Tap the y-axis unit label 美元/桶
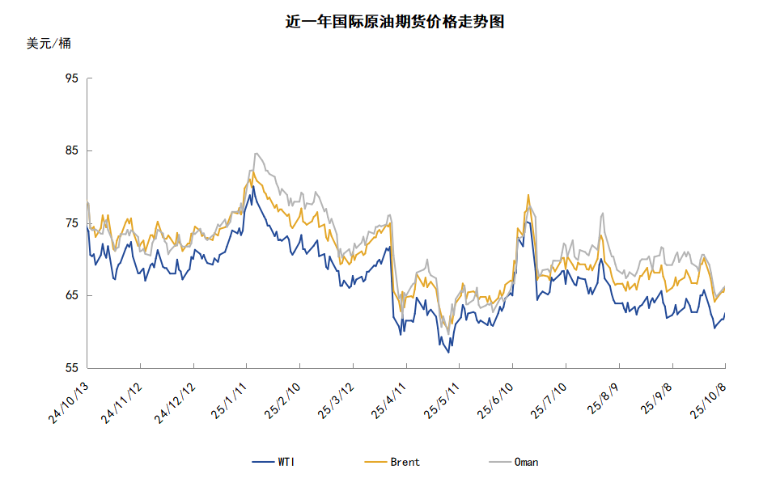(x=49, y=44)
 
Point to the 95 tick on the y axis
(x=71, y=78)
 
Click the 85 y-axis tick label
(x=71, y=150)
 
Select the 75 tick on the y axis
(x=71, y=223)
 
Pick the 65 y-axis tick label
(x=71, y=295)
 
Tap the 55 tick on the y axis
(x=71, y=368)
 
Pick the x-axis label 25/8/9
(x=604, y=398)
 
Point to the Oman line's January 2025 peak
(x=256, y=153)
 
